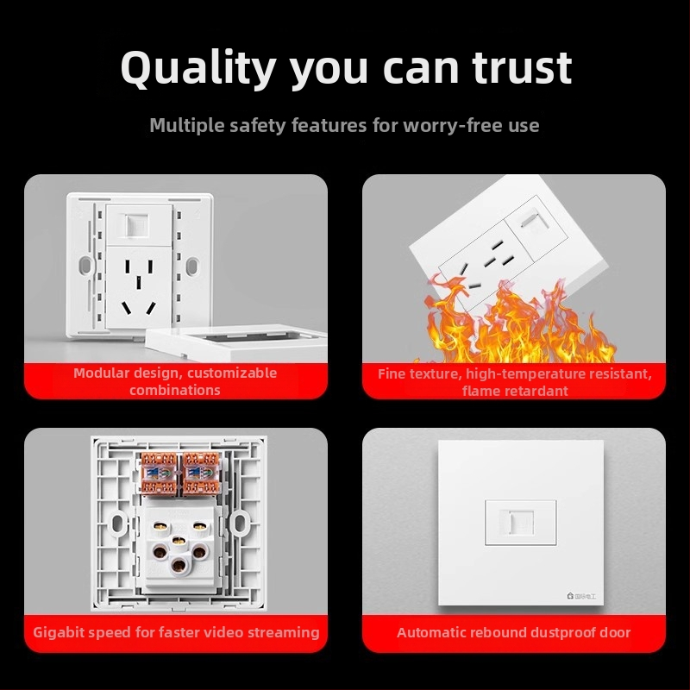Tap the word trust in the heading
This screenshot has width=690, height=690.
point(522,68)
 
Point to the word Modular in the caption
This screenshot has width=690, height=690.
point(101,373)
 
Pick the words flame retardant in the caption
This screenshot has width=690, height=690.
point(515,391)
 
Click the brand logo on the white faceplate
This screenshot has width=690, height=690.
point(580,596)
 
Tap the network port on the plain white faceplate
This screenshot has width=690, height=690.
point(521,523)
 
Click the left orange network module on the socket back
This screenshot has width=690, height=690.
point(159,473)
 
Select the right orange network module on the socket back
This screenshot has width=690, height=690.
point(201,473)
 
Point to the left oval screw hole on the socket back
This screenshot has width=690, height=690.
point(117,524)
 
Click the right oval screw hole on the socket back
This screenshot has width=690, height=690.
point(240,524)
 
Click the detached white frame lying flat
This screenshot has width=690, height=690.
point(236,342)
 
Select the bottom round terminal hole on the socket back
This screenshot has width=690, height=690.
point(179,566)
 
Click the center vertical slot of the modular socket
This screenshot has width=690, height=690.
point(139,283)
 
